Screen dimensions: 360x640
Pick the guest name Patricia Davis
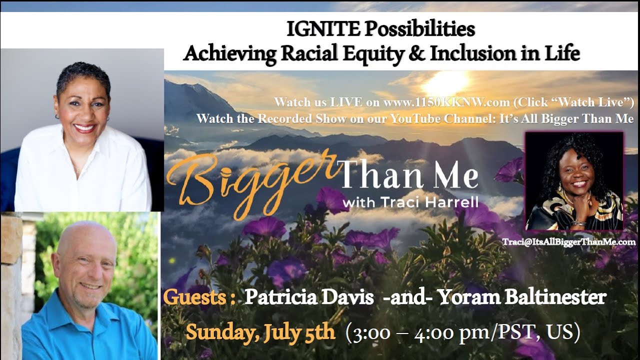click(309, 297)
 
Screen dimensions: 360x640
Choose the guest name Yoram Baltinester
click(522, 297)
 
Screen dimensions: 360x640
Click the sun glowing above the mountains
click(446, 80)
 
